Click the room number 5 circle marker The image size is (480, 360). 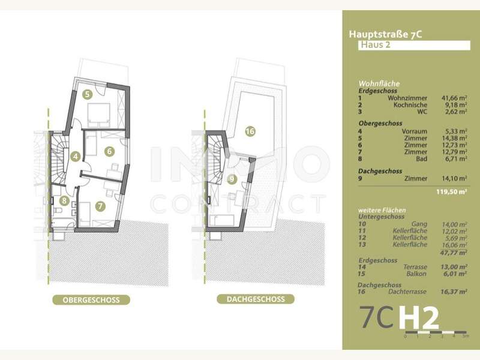[x=87, y=94]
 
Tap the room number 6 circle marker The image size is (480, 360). [x=109, y=151]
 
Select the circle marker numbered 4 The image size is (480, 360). [x=75, y=157]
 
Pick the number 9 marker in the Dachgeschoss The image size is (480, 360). [x=232, y=179]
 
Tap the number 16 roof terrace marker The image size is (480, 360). [x=250, y=131]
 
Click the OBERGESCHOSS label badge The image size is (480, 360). [x=91, y=299]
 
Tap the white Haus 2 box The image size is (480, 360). [x=412, y=45]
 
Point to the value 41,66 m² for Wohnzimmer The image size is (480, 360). [x=454, y=97]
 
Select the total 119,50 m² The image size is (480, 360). [x=453, y=193]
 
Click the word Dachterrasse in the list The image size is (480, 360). [x=407, y=292]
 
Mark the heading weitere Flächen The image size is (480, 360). [x=382, y=210]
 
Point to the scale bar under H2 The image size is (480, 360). [x=435, y=332]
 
